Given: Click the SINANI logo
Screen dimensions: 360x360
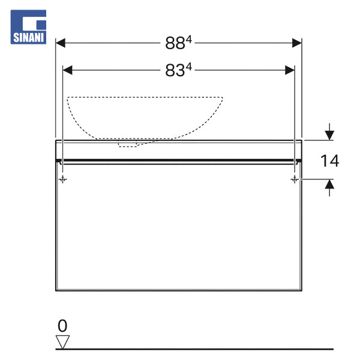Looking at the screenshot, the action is coord(28,27).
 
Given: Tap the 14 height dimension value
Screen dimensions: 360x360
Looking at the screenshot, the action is coord(329,161).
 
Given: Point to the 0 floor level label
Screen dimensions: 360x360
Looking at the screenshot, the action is coord(62,326).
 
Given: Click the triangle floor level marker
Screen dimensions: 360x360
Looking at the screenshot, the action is coord(62,342).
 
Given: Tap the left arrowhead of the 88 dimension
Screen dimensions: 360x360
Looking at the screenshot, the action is coord(61,43).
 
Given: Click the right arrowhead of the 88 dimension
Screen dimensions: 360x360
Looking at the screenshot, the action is coord(297,43).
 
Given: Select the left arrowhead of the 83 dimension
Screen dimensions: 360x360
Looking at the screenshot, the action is coord(67,70).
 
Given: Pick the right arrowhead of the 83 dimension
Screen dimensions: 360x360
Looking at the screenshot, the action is coord(290,70).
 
